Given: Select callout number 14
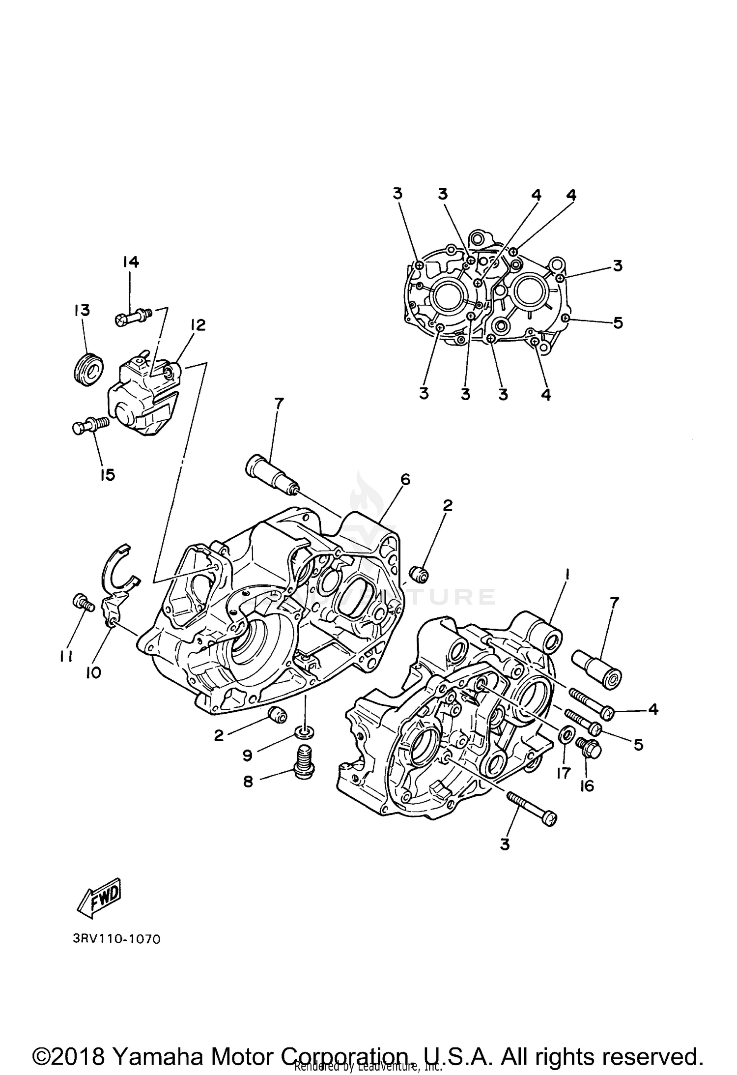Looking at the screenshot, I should (x=130, y=262).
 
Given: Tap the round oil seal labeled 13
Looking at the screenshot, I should (x=89, y=369).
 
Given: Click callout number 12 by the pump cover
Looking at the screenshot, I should (x=198, y=325).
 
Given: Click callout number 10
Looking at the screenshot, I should (x=93, y=672).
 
